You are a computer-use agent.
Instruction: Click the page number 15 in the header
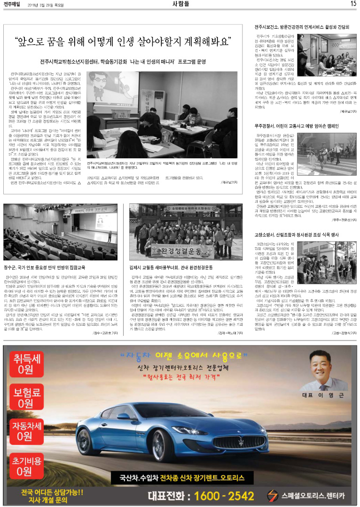tap(353, 4)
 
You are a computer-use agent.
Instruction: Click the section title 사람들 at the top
tap(180, 4)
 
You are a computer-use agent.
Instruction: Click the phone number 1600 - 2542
tap(220, 496)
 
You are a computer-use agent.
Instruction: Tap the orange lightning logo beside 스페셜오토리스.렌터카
tap(273, 496)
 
